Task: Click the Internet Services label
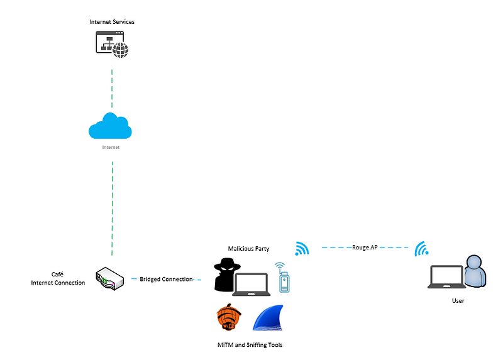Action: [112, 22]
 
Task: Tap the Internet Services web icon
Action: [111, 43]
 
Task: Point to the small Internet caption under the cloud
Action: [111, 148]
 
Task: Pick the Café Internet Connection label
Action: [58, 278]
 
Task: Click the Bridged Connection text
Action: [166, 279]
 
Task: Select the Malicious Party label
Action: [249, 249]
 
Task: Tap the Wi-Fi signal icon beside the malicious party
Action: [302, 249]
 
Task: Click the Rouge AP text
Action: [365, 248]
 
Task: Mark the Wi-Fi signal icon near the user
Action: [421, 250]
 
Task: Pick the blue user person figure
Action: [475, 273]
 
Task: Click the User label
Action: [458, 301]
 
